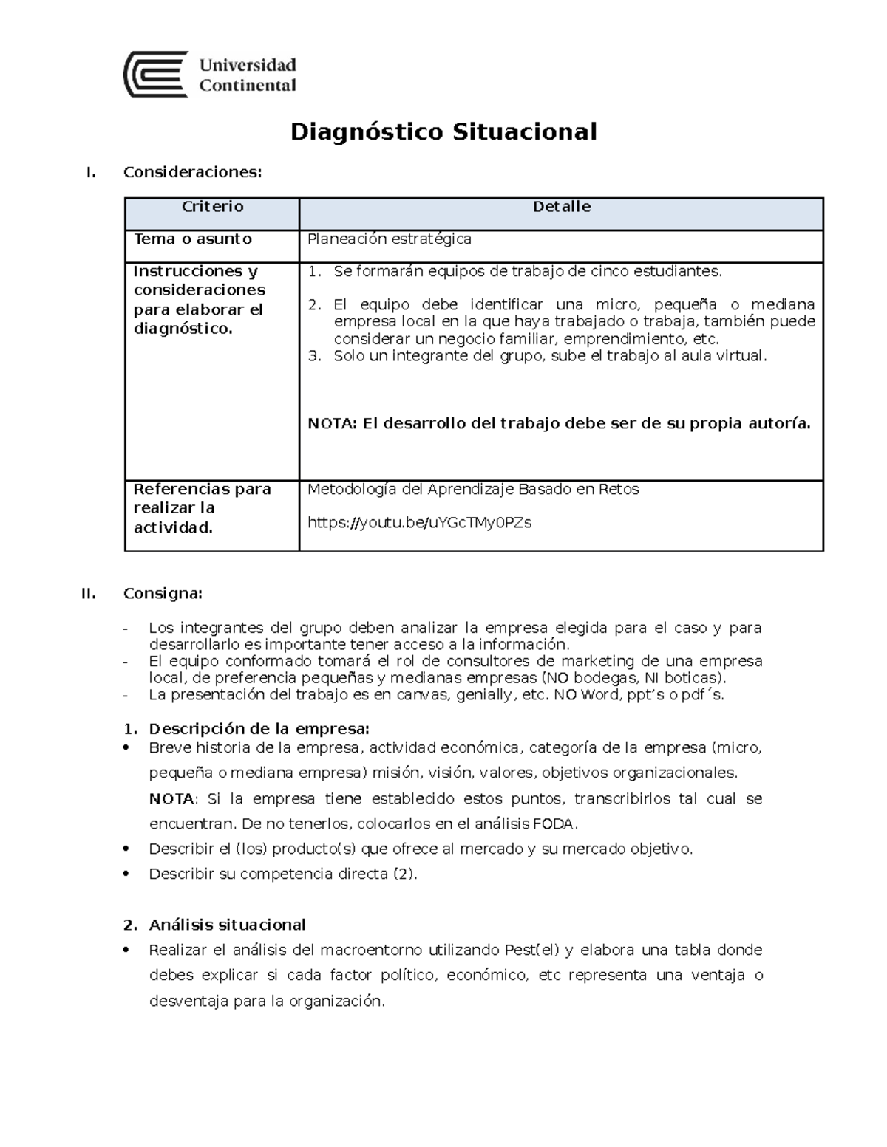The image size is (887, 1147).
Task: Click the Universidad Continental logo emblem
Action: click(155, 75)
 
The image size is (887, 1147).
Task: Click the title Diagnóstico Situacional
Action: click(443, 132)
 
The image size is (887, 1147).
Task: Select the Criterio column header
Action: click(212, 207)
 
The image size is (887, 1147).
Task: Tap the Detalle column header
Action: click(561, 207)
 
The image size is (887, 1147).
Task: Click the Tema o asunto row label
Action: click(192, 239)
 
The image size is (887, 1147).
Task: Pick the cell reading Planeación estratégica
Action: click(389, 239)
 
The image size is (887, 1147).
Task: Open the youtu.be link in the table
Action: click(419, 523)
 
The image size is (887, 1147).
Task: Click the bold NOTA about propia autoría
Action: click(558, 424)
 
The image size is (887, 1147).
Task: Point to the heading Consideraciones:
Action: click(192, 173)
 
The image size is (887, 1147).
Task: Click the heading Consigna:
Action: click(162, 594)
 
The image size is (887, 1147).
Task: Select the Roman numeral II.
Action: click(89, 594)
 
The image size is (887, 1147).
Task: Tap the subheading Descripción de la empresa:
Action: click(259, 729)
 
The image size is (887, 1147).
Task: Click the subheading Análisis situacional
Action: click(227, 925)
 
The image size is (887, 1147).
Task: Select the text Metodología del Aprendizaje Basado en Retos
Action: click(472, 490)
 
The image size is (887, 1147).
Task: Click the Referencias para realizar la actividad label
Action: click(202, 508)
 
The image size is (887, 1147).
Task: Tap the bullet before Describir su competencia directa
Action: click(129, 874)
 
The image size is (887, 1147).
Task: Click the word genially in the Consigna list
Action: click(483, 695)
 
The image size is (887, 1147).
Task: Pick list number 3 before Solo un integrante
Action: click(315, 356)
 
